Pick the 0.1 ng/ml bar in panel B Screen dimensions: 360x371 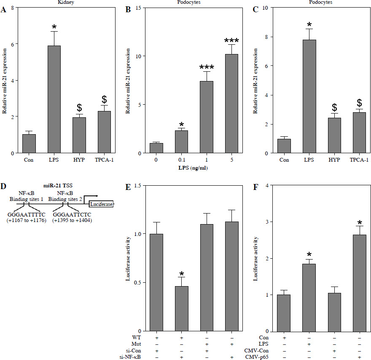pyautogui.click(x=181, y=141)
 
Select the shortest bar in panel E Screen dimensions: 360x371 pyautogui.click(x=181, y=309)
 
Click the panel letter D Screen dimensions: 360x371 pyautogui.click(x=4, y=186)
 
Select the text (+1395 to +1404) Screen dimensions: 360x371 pyautogui.click(x=73, y=220)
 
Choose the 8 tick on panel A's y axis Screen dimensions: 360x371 pyautogui.click(x=14, y=8)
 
